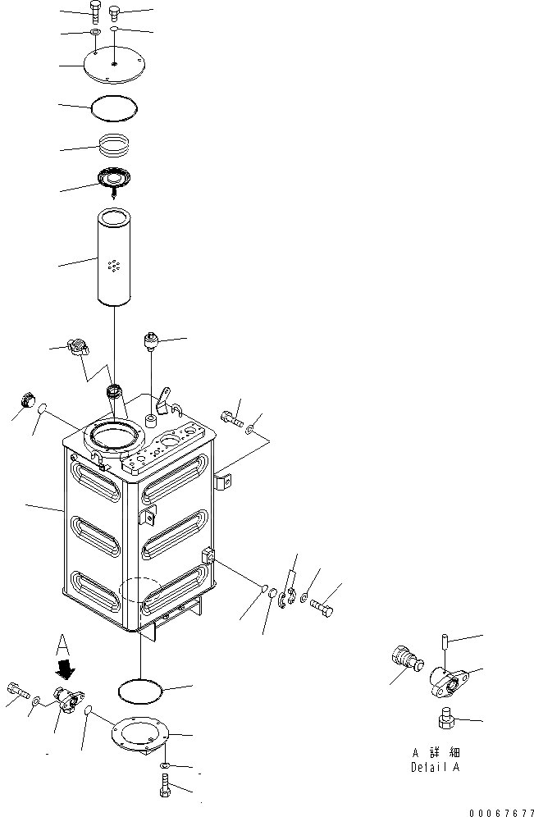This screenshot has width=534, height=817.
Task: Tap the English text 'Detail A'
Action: click(435, 767)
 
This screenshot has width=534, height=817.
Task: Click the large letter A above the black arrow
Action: click(64, 643)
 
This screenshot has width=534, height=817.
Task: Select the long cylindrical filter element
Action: click(114, 258)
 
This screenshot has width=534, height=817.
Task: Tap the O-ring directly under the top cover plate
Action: click(114, 107)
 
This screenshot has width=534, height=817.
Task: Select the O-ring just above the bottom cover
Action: click(141, 690)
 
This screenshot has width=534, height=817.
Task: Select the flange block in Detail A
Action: click(447, 678)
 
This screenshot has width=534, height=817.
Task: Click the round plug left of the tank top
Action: click(26, 401)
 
